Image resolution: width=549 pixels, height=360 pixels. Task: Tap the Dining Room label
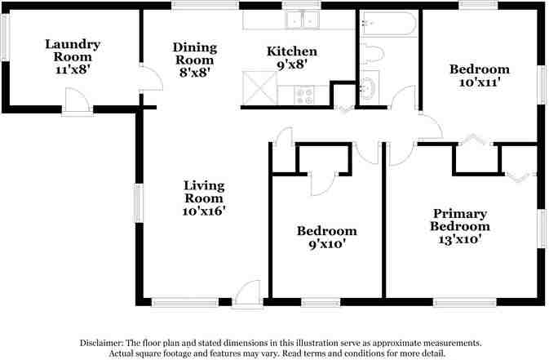[193, 60]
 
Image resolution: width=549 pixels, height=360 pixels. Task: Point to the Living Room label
[203, 198]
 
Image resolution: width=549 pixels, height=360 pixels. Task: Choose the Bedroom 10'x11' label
[480, 76]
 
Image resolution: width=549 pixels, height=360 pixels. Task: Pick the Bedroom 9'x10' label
[326, 238]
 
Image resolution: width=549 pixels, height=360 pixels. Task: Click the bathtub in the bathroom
[387, 23]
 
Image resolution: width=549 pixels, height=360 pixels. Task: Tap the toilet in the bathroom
[372, 55]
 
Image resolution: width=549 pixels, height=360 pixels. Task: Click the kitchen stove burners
[304, 96]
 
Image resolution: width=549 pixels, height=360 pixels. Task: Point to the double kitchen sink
[299, 19]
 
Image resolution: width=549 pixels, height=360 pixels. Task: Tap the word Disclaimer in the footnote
[101, 343]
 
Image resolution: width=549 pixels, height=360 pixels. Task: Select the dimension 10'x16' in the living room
[203, 211]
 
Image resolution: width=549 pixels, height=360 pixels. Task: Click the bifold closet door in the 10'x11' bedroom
[474, 139]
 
